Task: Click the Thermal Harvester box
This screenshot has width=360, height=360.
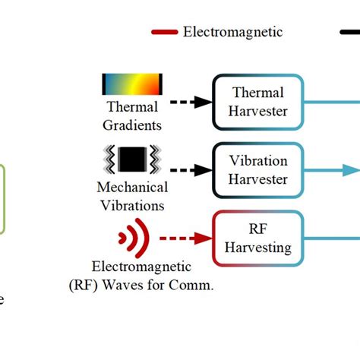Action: (258, 103)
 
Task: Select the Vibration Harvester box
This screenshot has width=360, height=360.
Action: (258, 170)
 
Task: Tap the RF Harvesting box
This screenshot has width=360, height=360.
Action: (258, 238)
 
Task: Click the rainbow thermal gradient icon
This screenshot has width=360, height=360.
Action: (132, 84)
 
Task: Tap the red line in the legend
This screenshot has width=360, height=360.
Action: (165, 32)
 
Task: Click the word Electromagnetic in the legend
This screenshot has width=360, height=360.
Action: (232, 32)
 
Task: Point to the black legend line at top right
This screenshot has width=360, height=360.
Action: (349, 32)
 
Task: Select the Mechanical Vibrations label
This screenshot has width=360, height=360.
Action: (132, 195)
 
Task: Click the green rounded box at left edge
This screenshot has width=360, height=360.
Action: (2, 199)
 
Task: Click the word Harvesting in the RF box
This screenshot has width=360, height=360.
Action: (258, 247)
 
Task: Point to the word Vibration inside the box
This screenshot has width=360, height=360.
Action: (258, 161)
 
